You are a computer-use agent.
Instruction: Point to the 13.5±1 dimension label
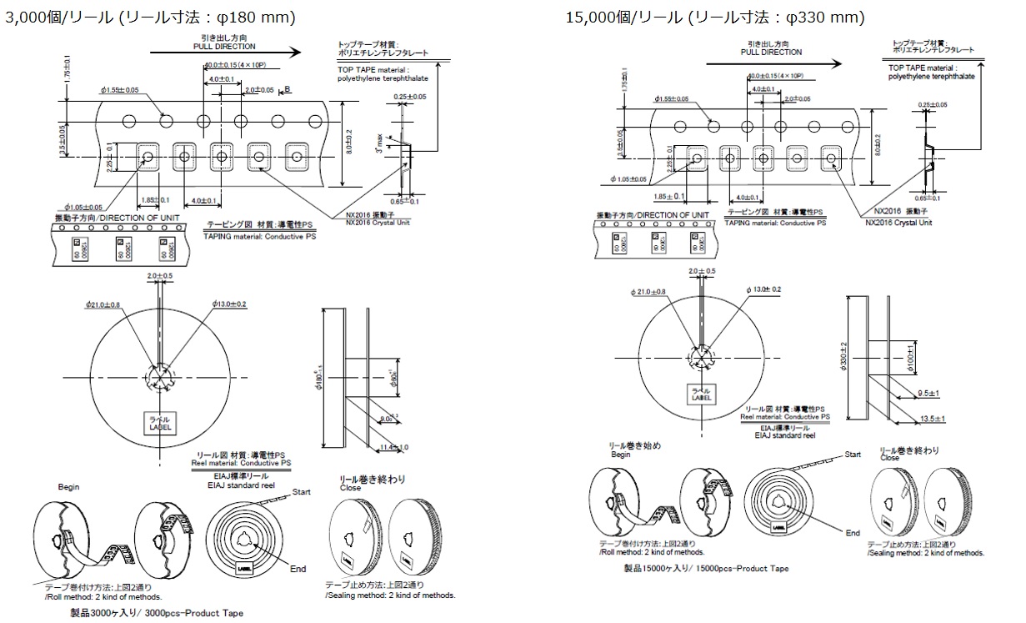(x=931, y=418)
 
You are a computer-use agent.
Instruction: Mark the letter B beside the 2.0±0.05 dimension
(x=287, y=89)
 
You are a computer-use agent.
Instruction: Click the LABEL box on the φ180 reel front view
(x=161, y=424)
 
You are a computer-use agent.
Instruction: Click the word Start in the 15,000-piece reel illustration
(x=853, y=455)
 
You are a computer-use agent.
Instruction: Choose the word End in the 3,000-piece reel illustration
(x=298, y=569)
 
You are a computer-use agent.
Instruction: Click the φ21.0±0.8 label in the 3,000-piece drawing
(x=103, y=305)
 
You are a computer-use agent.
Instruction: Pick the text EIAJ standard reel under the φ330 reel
(x=783, y=435)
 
